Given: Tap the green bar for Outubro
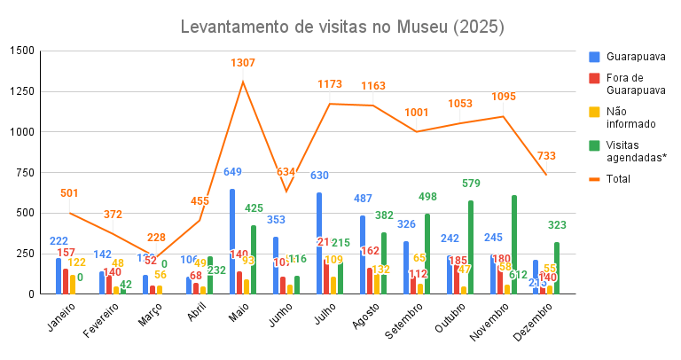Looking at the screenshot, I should [x=471, y=247].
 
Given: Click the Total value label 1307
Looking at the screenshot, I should [x=243, y=63].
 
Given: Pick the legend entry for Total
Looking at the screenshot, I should [x=620, y=178].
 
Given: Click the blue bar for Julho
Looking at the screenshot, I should [x=319, y=243].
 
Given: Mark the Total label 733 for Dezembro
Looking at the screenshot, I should [x=546, y=156].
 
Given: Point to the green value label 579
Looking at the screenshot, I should [x=471, y=184].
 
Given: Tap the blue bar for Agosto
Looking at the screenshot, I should [x=363, y=254].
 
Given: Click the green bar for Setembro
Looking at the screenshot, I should [x=427, y=254].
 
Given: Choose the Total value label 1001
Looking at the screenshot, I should [x=417, y=113].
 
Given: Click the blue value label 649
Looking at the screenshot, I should [x=232, y=172].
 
